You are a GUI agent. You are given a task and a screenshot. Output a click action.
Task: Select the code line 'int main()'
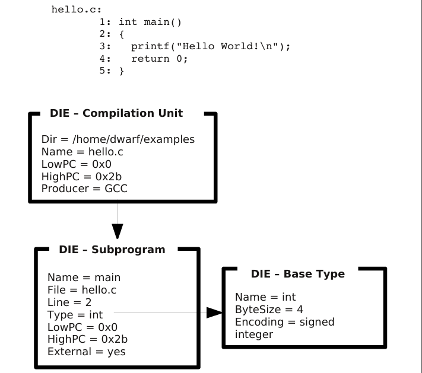pos(153,22)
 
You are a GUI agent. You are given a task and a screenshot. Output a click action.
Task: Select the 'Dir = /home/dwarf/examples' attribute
pos(118,140)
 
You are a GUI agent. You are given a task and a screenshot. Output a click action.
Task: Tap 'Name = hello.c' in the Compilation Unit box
pos(79,152)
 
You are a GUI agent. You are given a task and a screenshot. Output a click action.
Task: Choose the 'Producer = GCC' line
pos(84,189)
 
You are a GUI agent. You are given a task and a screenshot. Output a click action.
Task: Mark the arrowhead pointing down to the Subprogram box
pos(118,231)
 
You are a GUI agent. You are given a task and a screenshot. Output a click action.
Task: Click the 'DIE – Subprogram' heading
pos(112,250)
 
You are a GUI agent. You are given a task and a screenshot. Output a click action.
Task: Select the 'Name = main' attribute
pos(84,278)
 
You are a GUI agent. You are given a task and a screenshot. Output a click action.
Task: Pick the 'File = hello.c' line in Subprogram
pos(83,290)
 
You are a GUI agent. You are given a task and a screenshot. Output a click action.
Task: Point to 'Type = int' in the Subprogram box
pos(75,315)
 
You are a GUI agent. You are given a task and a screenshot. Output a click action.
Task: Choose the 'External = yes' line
pos(86,352)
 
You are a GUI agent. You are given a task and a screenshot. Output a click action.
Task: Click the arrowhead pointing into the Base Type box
pos(214,312)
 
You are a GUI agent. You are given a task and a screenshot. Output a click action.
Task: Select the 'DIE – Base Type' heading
pos(298,274)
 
